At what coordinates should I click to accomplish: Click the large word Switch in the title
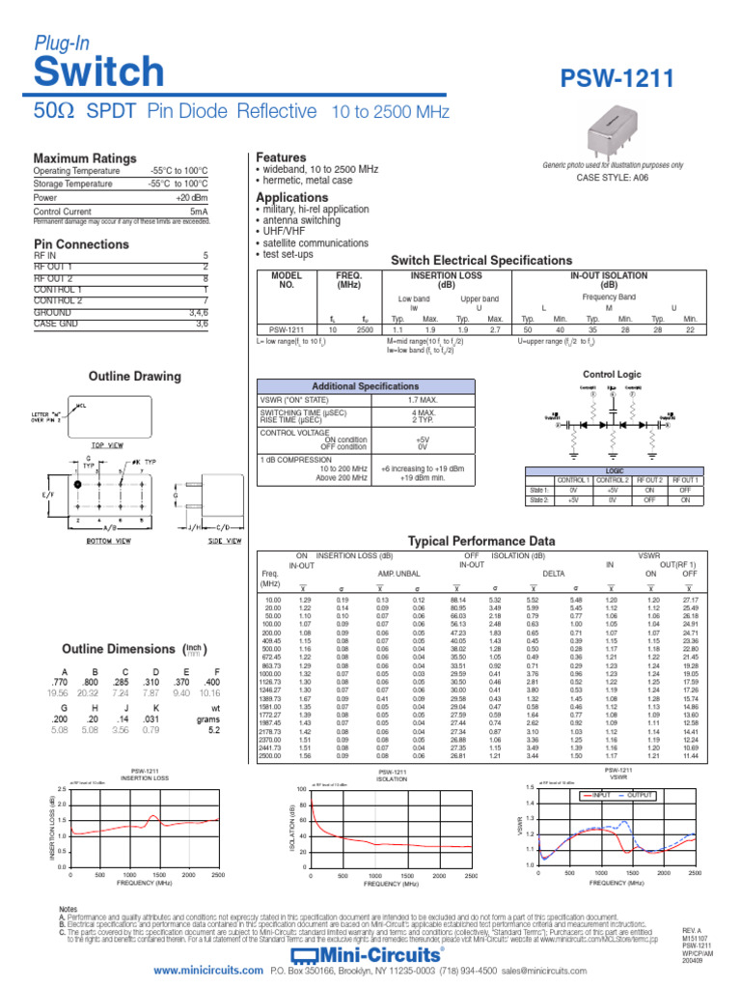pyautogui.click(x=98, y=71)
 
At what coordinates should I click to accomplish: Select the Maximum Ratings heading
pyautogui.click(x=85, y=158)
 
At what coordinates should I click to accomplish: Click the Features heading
pyautogui.click(x=281, y=156)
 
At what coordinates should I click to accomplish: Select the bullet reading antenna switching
pyautogui.click(x=300, y=220)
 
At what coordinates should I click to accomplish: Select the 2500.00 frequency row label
pyautogui.click(x=272, y=755)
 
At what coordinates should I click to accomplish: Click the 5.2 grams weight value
pyautogui.click(x=214, y=731)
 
